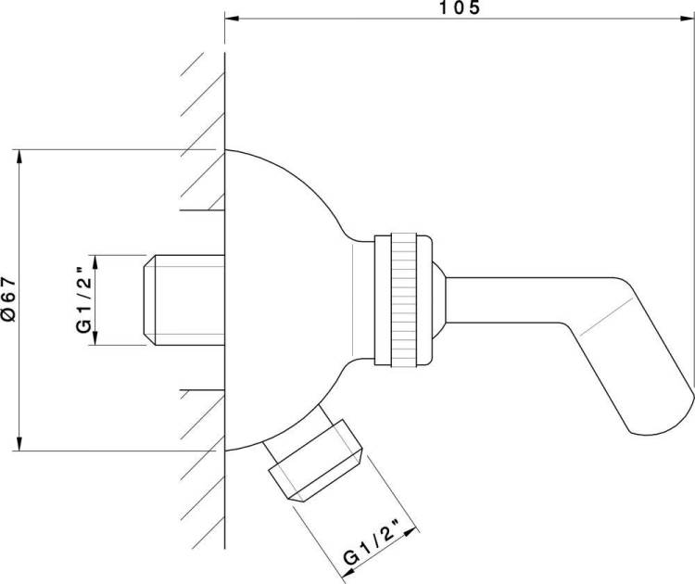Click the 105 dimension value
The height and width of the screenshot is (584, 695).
pyautogui.click(x=460, y=7)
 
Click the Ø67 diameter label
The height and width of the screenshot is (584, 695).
pyautogui.click(x=9, y=299)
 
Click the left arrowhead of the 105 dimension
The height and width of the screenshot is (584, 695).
pyautogui.click(x=232, y=19)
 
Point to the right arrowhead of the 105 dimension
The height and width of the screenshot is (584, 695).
pyautogui.click(x=687, y=19)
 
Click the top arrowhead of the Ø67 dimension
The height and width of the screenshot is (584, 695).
pyautogui.click(x=19, y=158)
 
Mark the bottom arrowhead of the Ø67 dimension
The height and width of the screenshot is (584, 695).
pyautogui.click(x=19, y=443)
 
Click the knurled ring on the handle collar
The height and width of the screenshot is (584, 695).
pyautogui.click(x=404, y=300)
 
